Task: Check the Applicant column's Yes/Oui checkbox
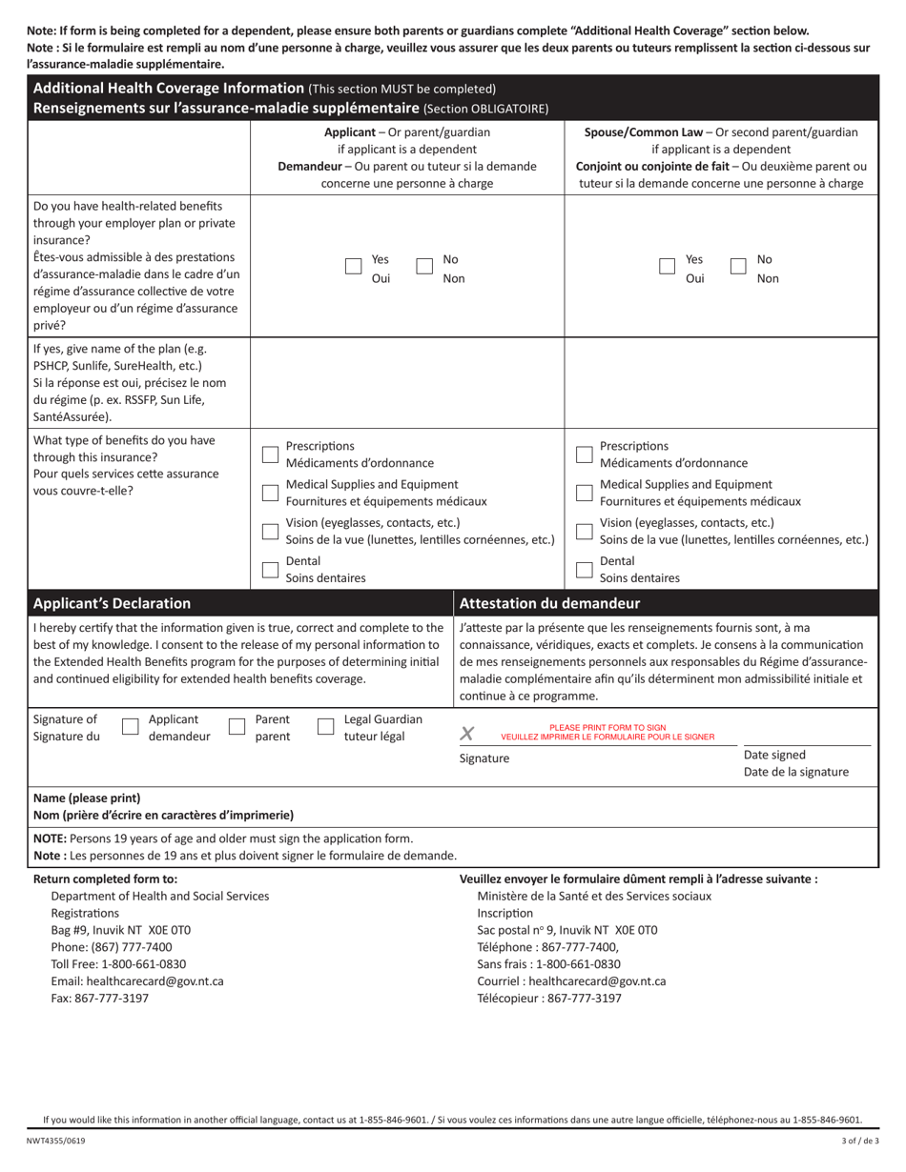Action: coord(354,267)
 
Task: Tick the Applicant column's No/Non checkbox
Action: coord(424,267)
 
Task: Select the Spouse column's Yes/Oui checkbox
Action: coord(668,267)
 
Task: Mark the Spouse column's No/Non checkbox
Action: coord(738,267)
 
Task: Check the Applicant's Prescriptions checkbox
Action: coord(270,454)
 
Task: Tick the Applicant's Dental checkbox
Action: coord(270,570)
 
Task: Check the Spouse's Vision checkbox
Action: coord(584,531)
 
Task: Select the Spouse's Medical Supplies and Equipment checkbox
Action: coord(584,493)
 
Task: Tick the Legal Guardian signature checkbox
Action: coord(325,727)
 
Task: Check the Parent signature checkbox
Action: coord(237,727)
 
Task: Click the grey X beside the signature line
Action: coord(466,733)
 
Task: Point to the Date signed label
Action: coord(774,755)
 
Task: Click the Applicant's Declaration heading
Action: coord(112,603)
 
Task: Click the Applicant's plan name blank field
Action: coord(407,381)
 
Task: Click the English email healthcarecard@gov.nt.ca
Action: coord(136,980)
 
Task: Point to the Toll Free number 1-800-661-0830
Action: coord(146,963)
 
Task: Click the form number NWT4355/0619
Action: coord(55,1142)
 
